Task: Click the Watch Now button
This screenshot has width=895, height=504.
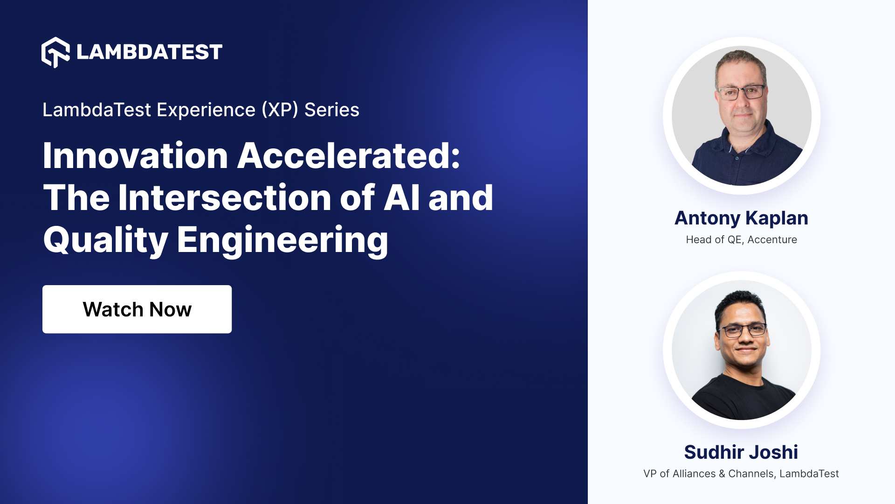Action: [x=137, y=309]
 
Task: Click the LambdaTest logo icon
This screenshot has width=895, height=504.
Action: [x=55, y=52]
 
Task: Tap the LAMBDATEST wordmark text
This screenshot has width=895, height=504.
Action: [x=149, y=52]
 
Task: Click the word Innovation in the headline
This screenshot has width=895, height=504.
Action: [x=135, y=156]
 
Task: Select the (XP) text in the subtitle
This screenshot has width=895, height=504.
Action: [x=280, y=110]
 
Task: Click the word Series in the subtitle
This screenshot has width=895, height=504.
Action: [x=331, y=110]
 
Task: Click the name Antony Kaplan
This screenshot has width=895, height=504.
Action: [x=741, y=218]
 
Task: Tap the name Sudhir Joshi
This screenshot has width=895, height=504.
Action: [x=741, y=452]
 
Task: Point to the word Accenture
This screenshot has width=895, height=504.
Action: [x=772, y=240]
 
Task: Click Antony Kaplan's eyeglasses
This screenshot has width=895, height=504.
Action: [x=741, y=92]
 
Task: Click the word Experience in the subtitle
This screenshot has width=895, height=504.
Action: [x=206, y=110]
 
